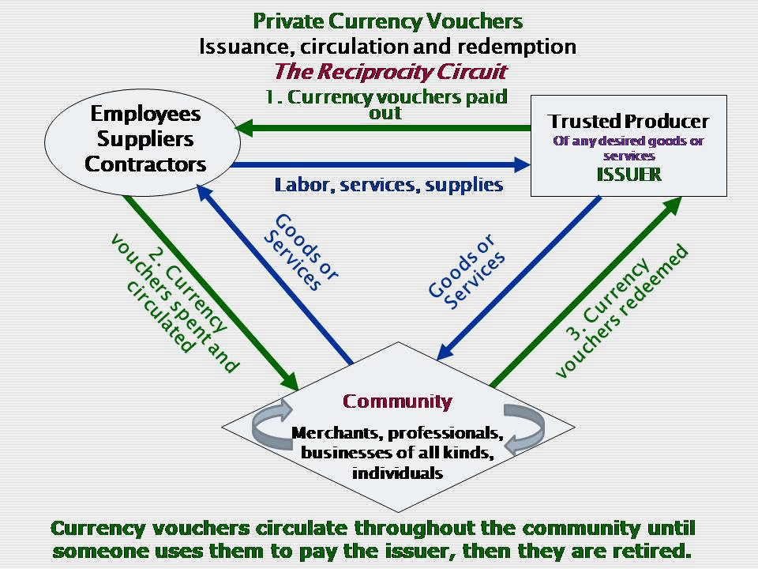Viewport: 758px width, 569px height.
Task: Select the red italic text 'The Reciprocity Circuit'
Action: tap(390, 72)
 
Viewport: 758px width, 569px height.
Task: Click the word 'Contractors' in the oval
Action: tap(145, 164)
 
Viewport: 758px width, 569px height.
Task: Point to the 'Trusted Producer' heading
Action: tap(629, 122)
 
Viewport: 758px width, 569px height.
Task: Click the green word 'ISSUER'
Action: tap(629, 175)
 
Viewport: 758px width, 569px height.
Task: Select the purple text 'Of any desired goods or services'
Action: tap(629, 149)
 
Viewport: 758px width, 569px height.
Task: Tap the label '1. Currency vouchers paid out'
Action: tap(386, 105)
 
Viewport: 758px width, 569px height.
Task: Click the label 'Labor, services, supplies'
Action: tap(388, 185)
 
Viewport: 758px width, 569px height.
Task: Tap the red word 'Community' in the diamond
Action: tap(397, 401)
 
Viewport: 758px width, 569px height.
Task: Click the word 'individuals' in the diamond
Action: tap(397, 473)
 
